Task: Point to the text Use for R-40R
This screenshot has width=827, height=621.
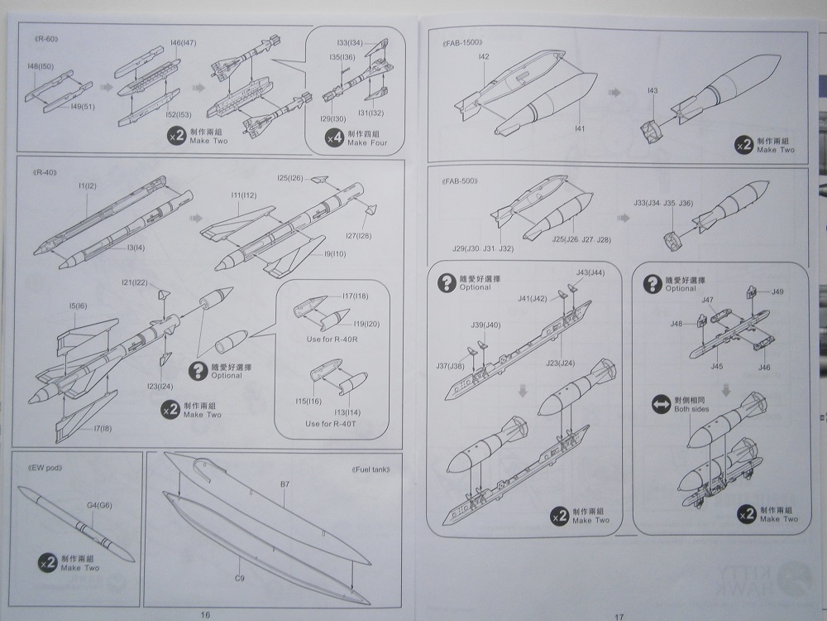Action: click(x=332, y=340)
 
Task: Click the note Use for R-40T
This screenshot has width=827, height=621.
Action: click(x=331, y=424)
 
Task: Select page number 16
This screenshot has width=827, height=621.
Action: click(x=206, y=614)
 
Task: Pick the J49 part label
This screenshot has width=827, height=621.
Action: click(x=777, y=291)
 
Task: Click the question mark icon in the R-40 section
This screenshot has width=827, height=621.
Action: click(x=198, y=370)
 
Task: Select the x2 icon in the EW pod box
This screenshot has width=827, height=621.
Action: click(x=47, y=563)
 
